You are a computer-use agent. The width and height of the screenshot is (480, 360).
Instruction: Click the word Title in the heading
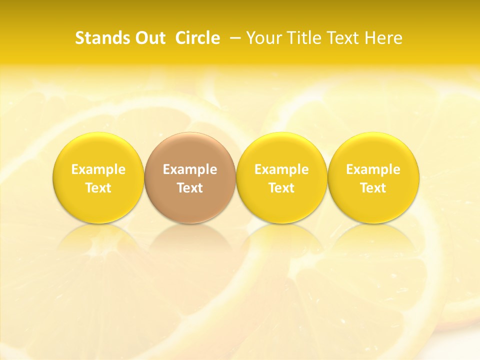tap(306, 38)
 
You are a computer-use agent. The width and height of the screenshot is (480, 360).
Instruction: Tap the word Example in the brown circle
tap(190, 169)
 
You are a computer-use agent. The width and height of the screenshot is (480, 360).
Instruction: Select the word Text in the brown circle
tap(190, 188)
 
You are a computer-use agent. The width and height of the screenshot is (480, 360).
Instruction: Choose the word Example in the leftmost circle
tap(98, 169)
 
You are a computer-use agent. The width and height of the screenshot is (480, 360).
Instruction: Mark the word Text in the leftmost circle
tap(98, 188)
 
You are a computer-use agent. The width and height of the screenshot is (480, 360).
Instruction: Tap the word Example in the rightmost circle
tap(373, 169)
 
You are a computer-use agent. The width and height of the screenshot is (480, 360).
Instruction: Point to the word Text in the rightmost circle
tap(373, 188)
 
